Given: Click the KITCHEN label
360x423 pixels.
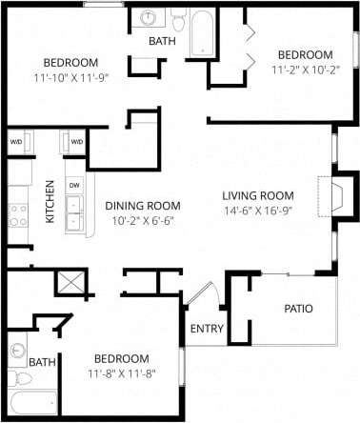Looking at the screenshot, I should click(50, 202).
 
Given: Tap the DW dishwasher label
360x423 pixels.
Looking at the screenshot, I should click(73, 185).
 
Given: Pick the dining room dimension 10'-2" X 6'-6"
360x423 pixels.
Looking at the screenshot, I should click(144, 221).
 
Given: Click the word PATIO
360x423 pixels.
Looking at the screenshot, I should click(298, 309).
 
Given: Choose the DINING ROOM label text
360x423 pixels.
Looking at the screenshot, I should click(143, 205).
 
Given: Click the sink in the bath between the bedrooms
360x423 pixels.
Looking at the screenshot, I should click(150, 19).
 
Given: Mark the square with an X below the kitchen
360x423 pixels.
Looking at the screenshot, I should click(70, 282).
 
